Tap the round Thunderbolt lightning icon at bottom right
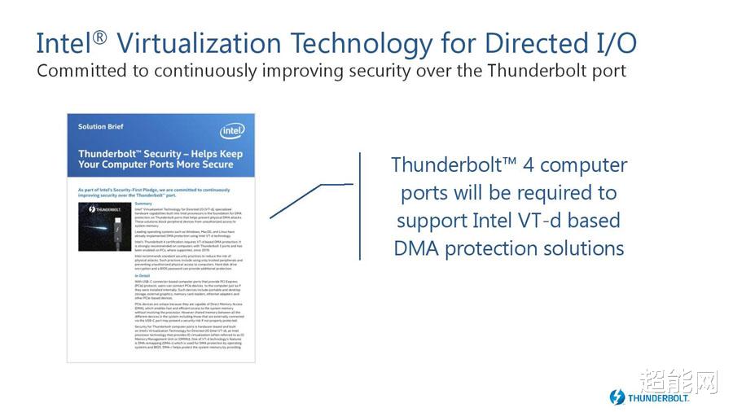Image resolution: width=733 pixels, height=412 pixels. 617,397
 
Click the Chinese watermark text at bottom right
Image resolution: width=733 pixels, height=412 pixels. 677,380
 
